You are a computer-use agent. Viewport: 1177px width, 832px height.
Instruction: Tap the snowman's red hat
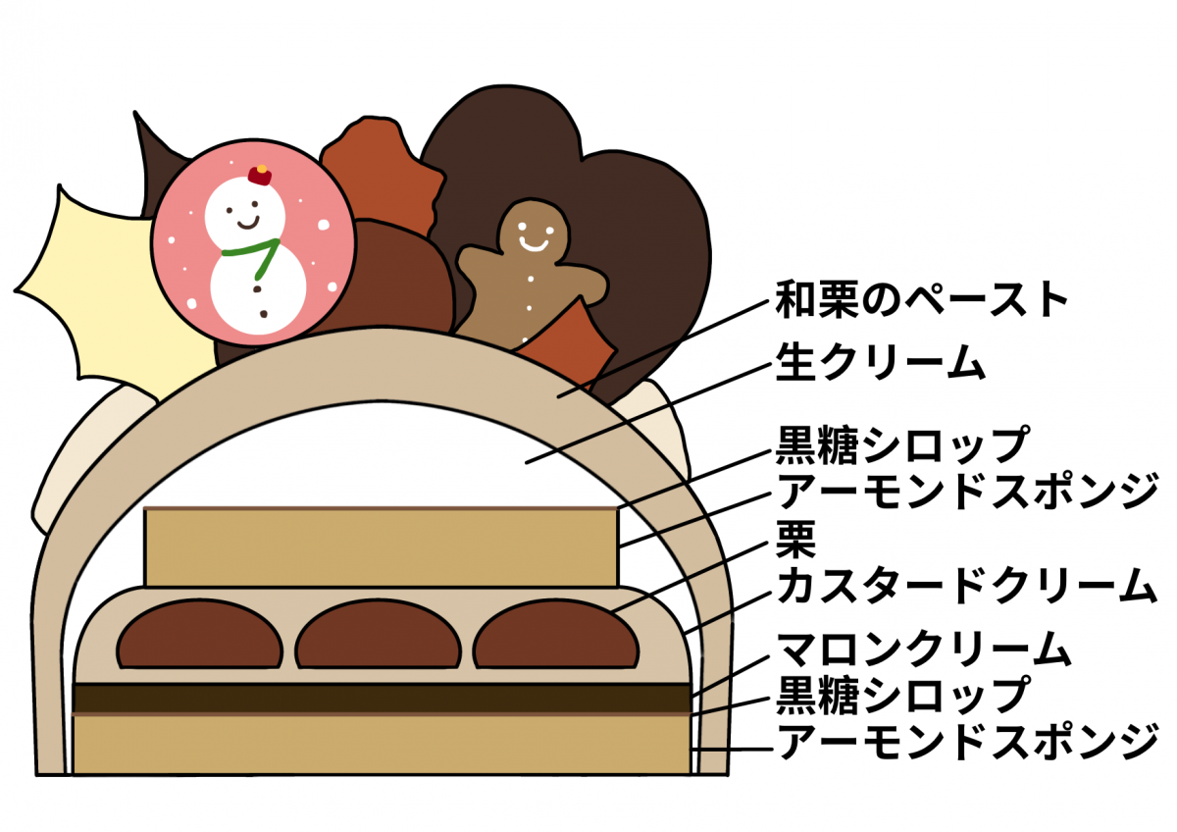click(x=259, y=176)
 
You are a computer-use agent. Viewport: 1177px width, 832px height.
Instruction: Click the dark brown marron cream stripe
click(x=383, y=698)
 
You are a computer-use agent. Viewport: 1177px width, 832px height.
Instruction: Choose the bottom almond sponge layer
click(x=383, y=746)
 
